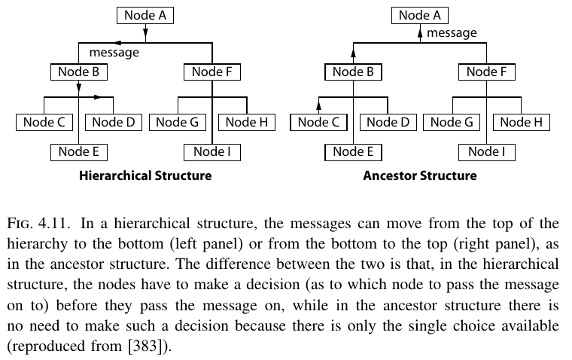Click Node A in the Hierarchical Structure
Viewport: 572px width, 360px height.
145,15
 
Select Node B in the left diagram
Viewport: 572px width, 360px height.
79,72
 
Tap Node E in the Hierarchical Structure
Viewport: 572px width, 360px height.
79,151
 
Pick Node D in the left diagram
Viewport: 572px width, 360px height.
114,122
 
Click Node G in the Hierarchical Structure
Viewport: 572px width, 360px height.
177,122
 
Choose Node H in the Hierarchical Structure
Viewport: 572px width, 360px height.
246,122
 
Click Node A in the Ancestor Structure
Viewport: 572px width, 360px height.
419,15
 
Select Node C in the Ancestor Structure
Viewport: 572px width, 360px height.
319,122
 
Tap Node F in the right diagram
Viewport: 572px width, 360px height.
486,72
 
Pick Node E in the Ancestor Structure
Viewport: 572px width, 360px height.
354,151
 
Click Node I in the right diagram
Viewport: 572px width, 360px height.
486,151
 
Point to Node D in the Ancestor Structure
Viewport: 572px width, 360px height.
388,122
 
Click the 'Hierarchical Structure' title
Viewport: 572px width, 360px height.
145,176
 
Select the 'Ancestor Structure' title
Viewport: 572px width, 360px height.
419,176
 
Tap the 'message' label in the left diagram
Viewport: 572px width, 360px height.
114,53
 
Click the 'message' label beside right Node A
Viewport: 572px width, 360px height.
452,33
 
